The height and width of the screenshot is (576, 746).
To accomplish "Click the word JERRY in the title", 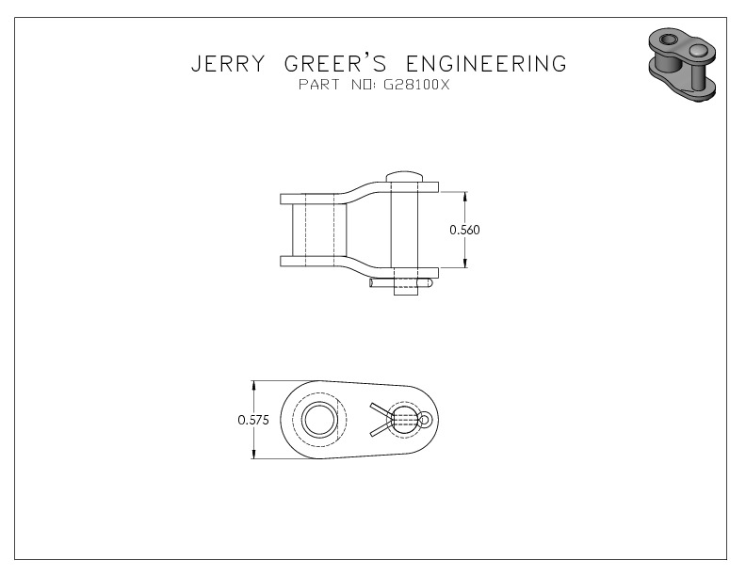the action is [x=227, y=63].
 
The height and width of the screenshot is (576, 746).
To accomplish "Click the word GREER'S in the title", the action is [x=335, y=63].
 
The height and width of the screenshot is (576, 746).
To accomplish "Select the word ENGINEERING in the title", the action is [x=487, y=63].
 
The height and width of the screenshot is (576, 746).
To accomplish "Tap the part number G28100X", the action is [x=415, y=85].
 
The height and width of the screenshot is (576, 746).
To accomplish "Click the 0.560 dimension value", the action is [x=464, y=230].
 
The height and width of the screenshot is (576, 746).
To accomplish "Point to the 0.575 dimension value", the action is [x=253, y=420].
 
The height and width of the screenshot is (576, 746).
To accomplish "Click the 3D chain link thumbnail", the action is [x=682, y=65].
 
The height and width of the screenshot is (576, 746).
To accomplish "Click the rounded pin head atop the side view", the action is [x=404, y=176].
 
